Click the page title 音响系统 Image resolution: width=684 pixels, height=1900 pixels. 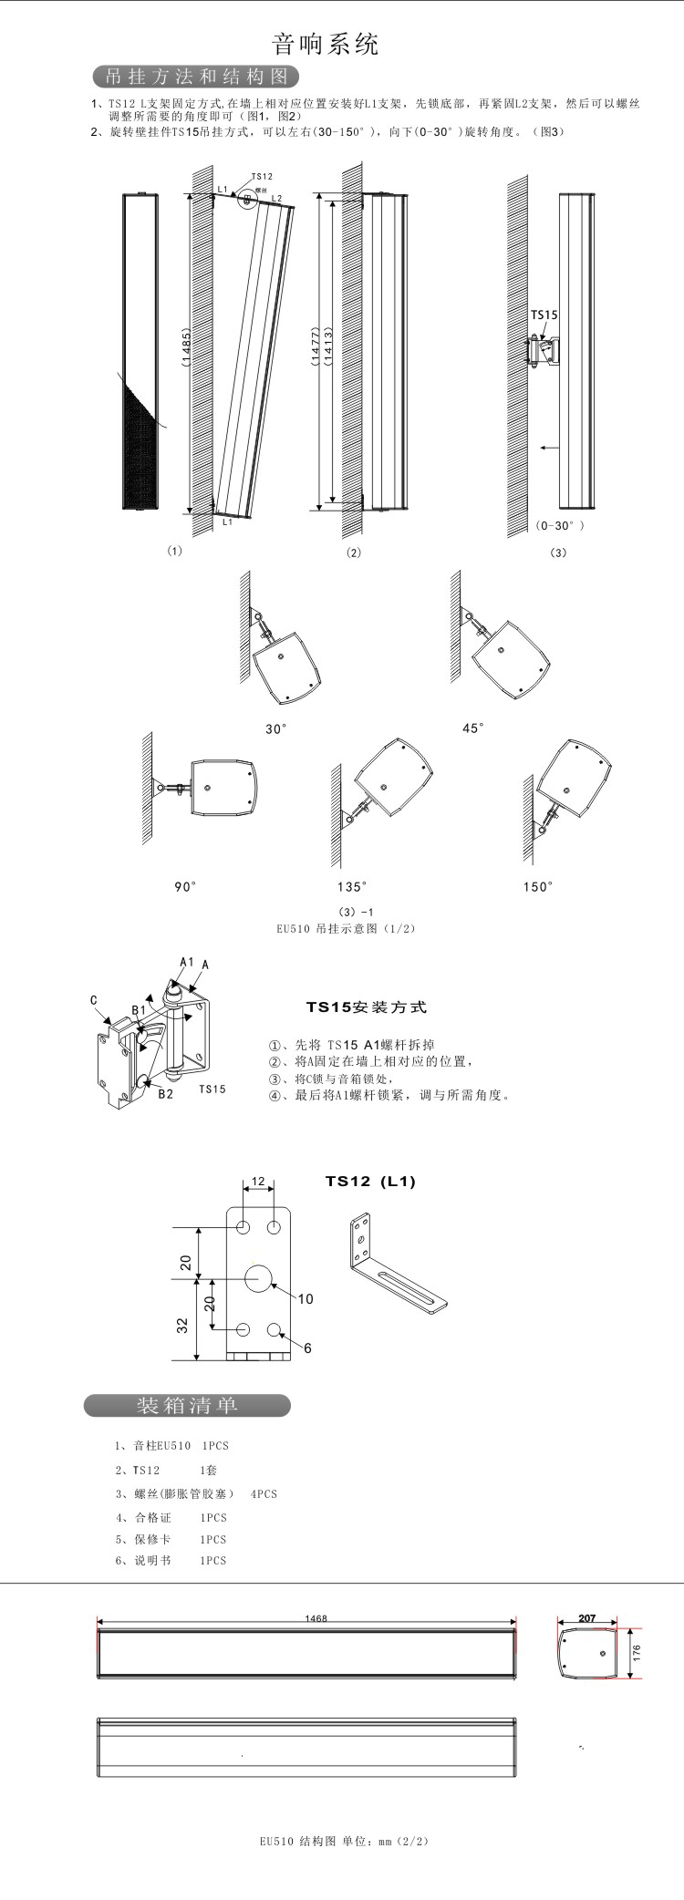326,44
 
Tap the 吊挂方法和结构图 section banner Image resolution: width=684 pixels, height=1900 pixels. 196,76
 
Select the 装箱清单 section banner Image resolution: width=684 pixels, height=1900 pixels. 187,1405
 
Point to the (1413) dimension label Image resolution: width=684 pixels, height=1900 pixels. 326,347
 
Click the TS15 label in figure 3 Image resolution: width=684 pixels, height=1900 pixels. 544,315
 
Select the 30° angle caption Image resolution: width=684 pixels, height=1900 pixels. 276,728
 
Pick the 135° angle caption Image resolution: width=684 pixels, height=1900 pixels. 352,886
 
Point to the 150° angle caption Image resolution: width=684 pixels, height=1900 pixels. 538,886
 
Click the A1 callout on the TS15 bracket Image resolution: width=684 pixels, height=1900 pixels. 186,962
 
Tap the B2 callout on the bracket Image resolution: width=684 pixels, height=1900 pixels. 165,1094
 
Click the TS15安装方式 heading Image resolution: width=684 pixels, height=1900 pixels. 366,1007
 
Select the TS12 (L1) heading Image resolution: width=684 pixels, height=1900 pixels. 370,1182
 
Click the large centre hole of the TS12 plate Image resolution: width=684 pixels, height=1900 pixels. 258,1278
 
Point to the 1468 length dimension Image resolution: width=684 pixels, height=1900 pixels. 316,1618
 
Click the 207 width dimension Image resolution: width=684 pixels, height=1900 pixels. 586,1618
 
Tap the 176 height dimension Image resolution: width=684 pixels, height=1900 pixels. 637,1652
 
